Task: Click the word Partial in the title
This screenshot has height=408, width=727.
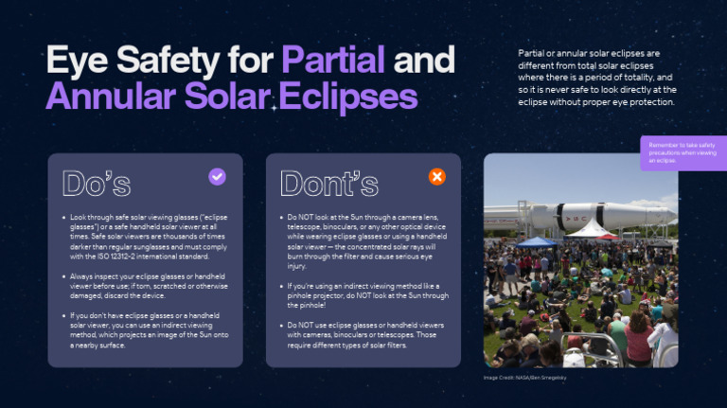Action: point(332,60)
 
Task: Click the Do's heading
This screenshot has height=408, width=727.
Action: point(96,183)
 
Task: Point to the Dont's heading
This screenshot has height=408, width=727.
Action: point(328,183)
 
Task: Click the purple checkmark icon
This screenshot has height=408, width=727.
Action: point(217,177)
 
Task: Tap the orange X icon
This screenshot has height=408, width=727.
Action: point(436,177)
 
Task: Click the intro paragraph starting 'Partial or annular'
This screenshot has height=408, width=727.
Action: point(597,77)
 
